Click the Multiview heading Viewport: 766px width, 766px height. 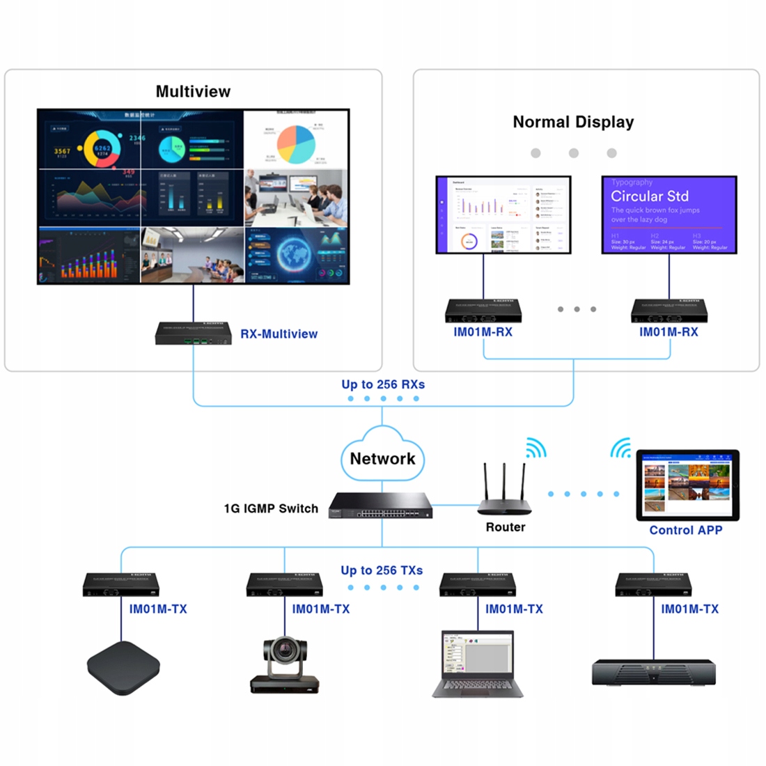point(193,91)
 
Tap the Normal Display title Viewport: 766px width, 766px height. point(573,122)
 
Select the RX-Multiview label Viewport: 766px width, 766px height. point(279,334)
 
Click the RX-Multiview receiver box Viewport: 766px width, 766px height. point(194,333)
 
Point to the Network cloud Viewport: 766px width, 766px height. point(382,457)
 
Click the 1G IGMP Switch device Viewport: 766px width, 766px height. point(381,505)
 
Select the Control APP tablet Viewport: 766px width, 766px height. point(687,485)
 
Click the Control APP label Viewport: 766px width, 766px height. point(686,530)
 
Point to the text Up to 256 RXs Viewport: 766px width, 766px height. point(383,384)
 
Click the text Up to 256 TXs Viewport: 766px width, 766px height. point(382,570)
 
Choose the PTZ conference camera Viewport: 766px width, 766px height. point(284,665)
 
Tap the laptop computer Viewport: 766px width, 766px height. point(478,664)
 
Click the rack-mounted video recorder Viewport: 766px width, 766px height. point(653,672)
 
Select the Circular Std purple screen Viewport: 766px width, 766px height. point(669,214)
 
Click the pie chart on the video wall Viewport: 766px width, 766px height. point(296,144)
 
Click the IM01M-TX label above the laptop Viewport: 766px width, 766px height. point(514,609)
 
